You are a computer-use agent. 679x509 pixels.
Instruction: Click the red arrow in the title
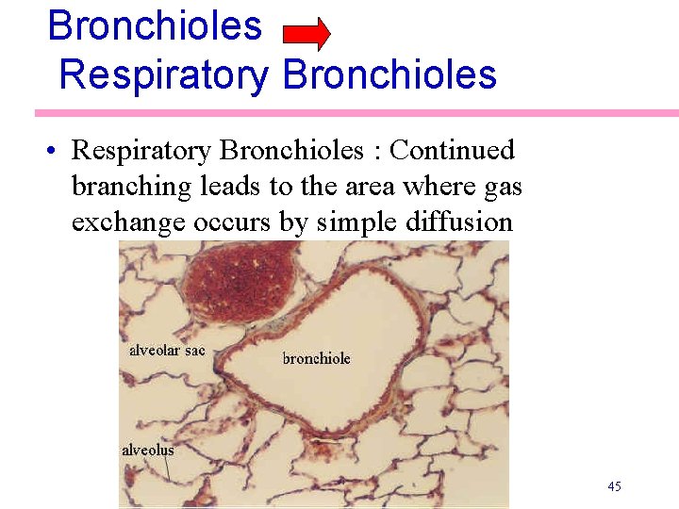point(306,33)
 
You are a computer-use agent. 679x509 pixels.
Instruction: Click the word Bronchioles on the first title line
point(155,25)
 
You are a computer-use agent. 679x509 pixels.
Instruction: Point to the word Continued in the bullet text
point(453,150)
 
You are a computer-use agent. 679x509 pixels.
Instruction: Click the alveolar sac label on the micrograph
point(167,351)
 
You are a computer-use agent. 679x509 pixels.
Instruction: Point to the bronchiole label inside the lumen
point(317,358)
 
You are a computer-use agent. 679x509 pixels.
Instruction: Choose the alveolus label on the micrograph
point(148,450)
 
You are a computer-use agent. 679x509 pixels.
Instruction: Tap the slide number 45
point(614,486)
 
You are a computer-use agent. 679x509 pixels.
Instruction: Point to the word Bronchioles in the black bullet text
point(297,150)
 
